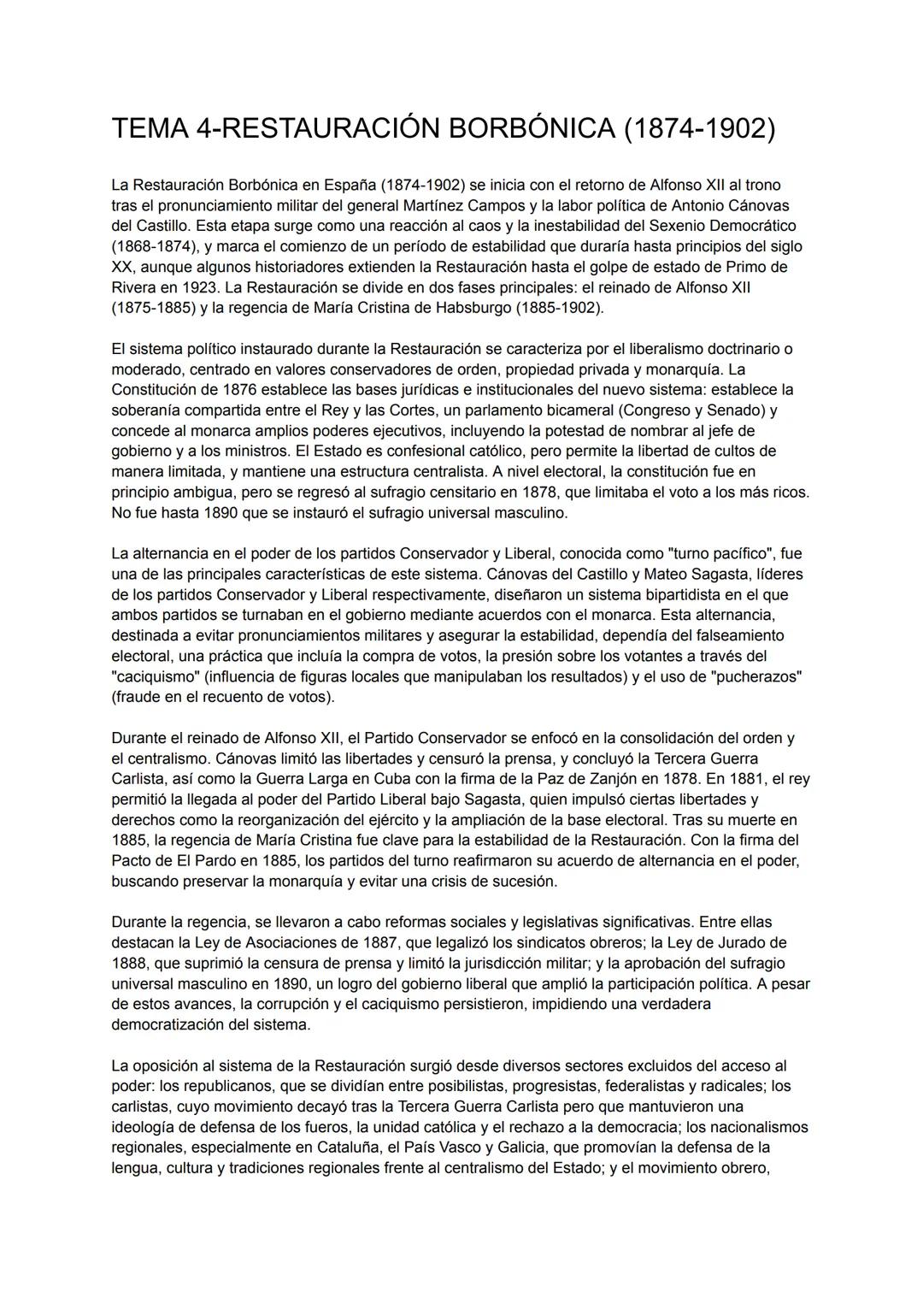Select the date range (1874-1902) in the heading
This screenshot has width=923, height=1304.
click(x=699, y=128)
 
